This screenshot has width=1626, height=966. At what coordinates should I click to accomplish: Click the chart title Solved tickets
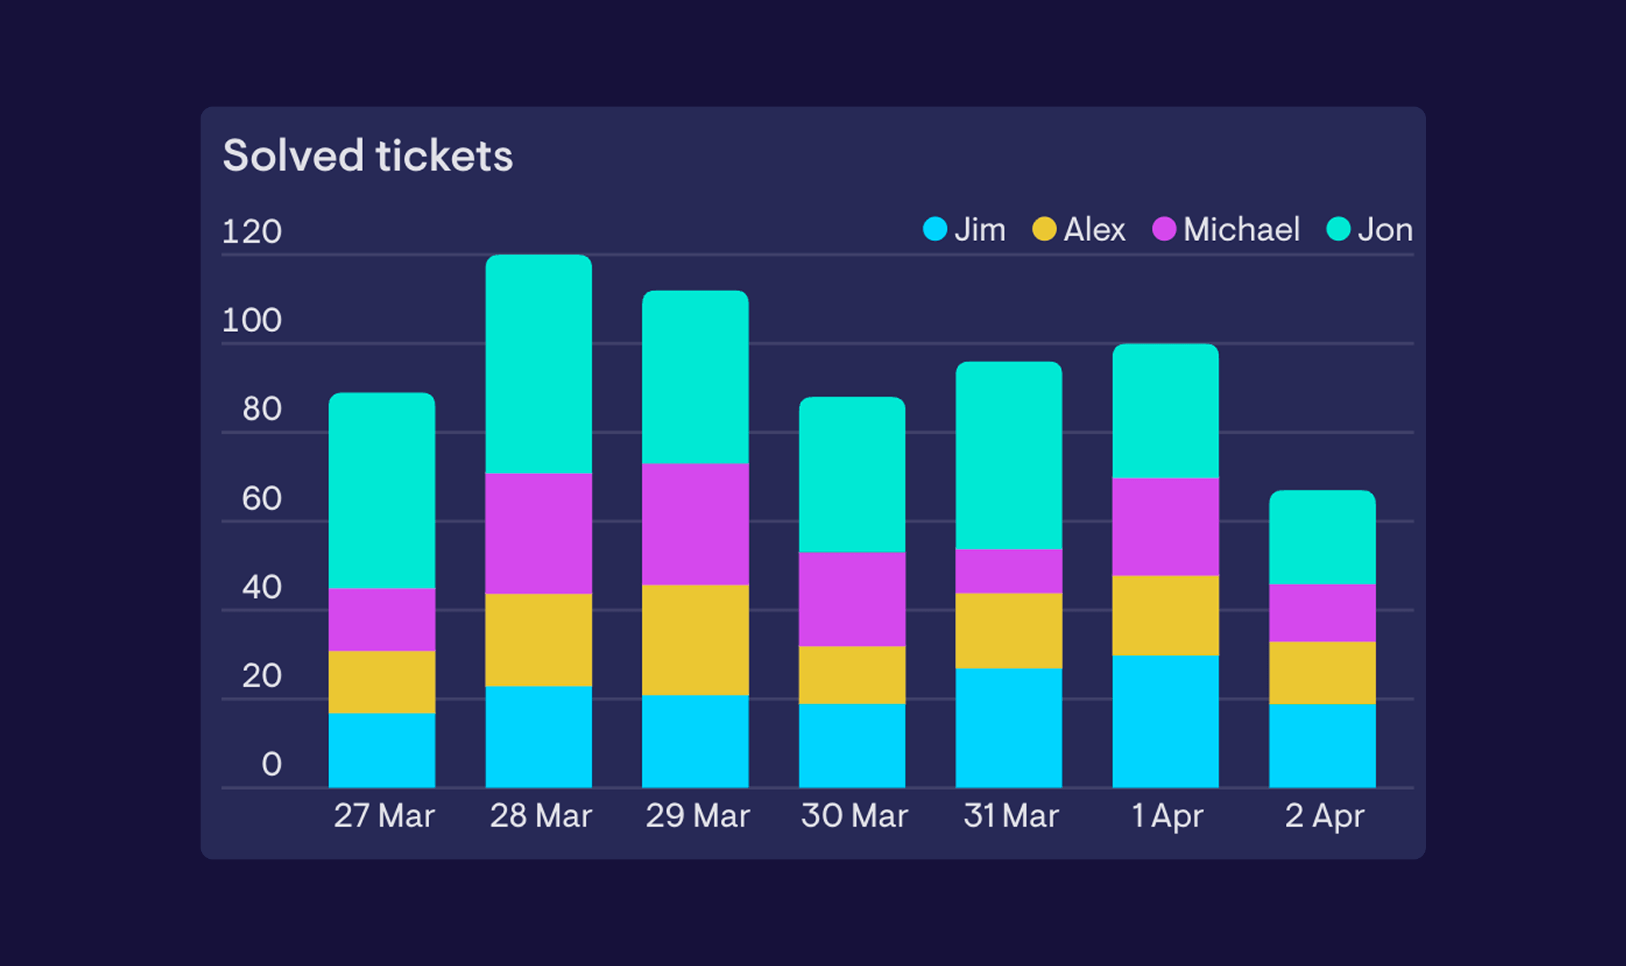coord(368,156)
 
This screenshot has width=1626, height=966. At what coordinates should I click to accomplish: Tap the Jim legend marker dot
coord(934,229)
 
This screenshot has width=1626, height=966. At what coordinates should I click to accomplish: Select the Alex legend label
coord(1094,230)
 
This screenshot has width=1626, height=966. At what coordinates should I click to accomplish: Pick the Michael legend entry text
coord(1241,230)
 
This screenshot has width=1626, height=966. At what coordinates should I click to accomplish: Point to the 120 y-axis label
coord(252,232)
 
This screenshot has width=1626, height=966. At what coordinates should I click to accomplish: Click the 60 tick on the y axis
coord(262,499)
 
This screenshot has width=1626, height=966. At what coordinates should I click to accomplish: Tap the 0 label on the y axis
coord(272,764)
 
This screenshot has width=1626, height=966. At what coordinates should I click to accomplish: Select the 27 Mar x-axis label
coord(383,816)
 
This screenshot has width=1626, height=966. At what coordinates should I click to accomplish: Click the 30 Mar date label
coord(853,816)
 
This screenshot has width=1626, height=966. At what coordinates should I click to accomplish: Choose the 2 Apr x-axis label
coord(1323,816)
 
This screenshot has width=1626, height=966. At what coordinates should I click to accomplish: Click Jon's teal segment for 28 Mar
coord(539,365)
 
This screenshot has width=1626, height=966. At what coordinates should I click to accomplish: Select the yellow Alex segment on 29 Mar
coord(695,640)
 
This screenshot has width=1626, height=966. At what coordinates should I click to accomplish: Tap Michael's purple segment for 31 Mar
coord(1009,571)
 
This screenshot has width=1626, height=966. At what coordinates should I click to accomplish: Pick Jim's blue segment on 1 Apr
coord(1166,721)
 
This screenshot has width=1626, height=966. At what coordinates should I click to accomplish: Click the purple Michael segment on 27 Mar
coord(382,619)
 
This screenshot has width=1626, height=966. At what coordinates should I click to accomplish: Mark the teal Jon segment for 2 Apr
coord(1322,538)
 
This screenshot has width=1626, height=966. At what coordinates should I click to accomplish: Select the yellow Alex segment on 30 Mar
coord(852,675)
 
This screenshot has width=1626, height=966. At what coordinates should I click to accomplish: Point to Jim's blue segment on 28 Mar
coord(539,737)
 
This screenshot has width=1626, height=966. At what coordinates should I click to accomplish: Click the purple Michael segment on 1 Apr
coord(1166,527)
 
